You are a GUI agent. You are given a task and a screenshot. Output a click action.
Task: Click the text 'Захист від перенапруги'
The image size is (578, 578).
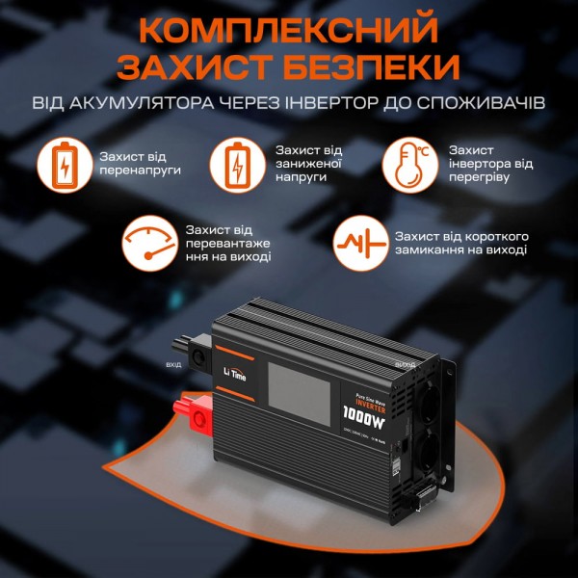pos(141,163)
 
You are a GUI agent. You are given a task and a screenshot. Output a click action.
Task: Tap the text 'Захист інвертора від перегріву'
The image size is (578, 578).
pos(490,164)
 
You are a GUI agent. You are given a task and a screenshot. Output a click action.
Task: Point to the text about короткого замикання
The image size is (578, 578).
pos(460,242)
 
